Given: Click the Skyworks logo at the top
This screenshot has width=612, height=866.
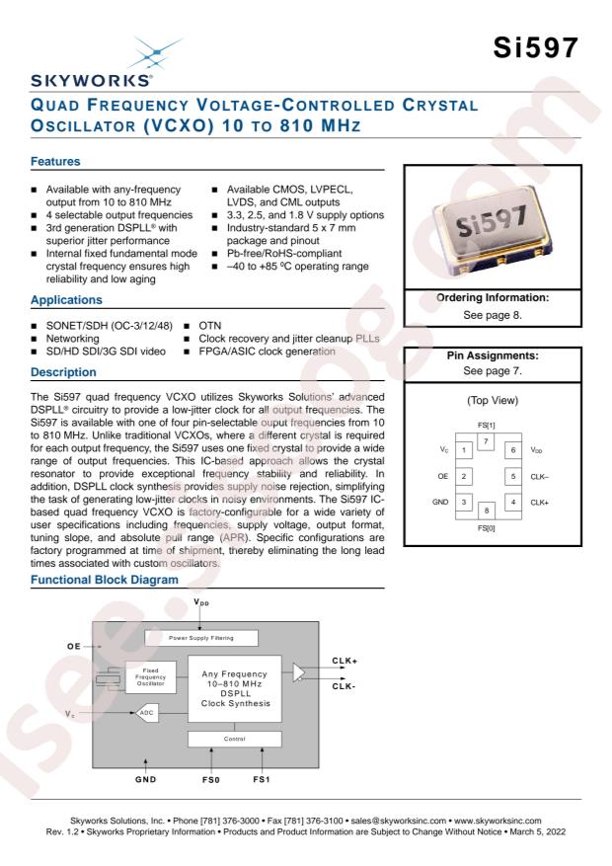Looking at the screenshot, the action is click(x=92, y=63).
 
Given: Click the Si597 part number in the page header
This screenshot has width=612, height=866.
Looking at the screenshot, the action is click(x=535, y=47).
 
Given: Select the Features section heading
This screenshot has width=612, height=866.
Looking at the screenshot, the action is click(x=55, y=161).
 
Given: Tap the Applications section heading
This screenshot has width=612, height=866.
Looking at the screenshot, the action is click(x=66, y=300).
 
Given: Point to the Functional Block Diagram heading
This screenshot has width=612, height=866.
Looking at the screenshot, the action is click(x=105, y=580).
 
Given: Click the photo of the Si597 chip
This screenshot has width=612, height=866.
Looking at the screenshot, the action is click(x=493, y=227).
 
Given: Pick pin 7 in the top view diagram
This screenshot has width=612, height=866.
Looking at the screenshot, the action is click(x=486, y=441).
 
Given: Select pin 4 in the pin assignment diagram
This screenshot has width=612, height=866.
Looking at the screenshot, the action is click(x=513, y=502).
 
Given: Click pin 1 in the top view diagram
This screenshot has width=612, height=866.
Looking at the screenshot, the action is click(x=464, y=449).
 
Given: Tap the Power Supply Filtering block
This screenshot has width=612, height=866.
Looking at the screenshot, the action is click(x=200, y=638).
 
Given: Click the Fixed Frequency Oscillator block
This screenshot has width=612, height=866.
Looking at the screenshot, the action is click(x=151, y=677).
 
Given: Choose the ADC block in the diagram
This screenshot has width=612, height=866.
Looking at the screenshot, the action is click(x=147, y=713).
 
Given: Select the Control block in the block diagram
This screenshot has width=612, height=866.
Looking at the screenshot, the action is click(x=235, y=739).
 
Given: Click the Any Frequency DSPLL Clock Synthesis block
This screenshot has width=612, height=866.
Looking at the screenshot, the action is click(x=235, y=688).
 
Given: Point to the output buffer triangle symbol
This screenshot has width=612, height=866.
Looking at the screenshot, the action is click(x=299, y=672).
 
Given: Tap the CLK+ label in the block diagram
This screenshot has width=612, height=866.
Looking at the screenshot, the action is click(x=344, y=661).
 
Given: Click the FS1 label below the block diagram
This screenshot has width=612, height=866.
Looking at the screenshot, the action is click(x=262, y=779).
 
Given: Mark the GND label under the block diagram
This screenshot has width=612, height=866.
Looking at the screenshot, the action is click(x=146, y=779).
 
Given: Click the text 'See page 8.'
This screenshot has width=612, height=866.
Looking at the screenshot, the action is click(x=493, y=315).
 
